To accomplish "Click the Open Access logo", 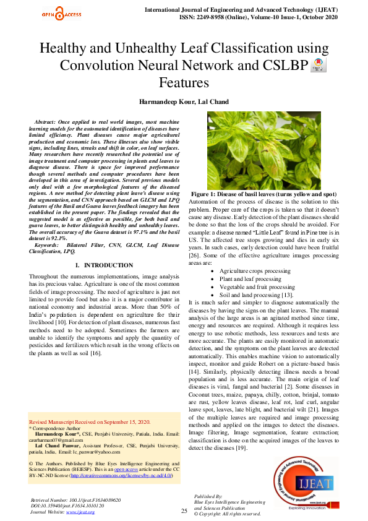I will click(61, 13).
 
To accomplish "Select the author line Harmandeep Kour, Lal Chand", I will click(184, 101).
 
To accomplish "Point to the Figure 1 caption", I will click(272, 194).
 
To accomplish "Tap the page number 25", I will click(184, 510).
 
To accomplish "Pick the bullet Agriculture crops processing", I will click(255, 271).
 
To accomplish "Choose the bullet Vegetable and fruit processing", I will click(257, 287).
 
